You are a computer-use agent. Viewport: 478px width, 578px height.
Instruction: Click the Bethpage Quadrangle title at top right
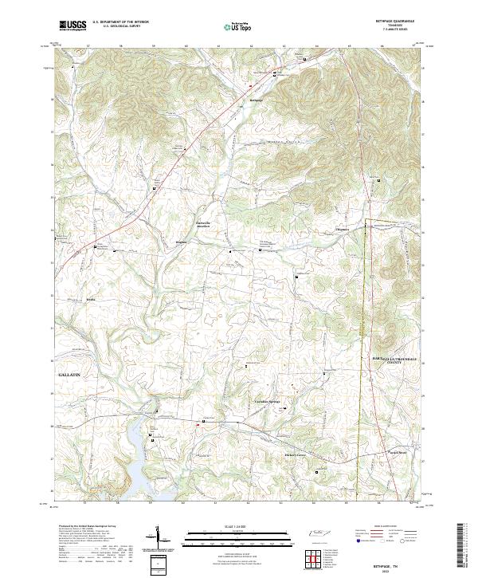pos(397,22)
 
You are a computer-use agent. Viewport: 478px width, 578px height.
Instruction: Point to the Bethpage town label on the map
pos(257,100)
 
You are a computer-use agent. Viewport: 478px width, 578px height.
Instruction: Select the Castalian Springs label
pos(268,401)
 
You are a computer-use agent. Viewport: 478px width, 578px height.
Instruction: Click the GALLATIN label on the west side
pos(71,373)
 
